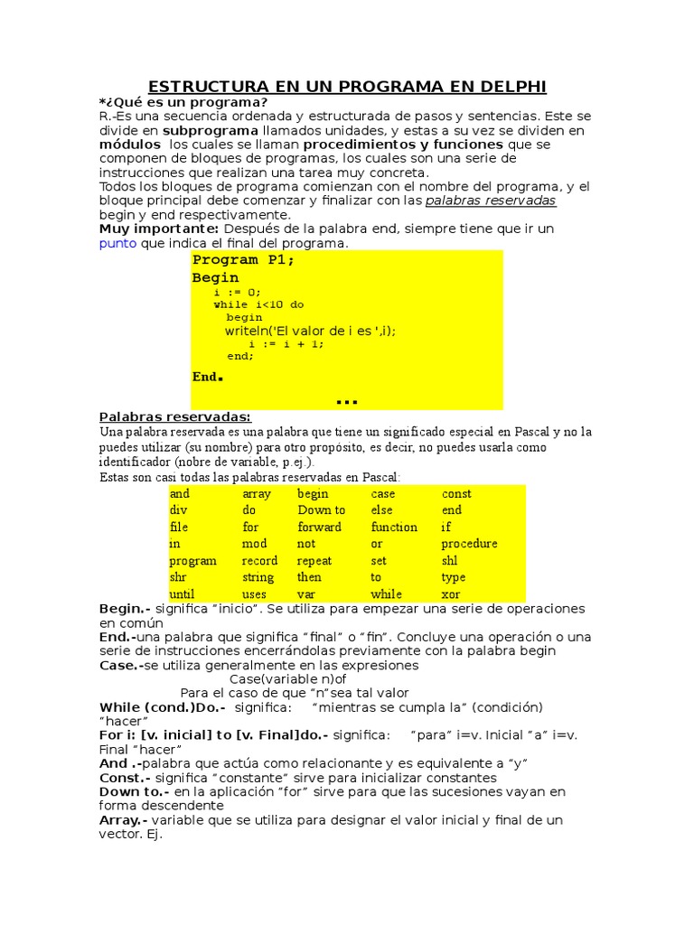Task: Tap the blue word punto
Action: [117, 243]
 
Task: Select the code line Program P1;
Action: [243, 260]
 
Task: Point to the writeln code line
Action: [310, 331]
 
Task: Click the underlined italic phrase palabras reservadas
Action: [490, 201]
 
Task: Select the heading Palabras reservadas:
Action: [174, 416]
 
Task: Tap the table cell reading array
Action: [257, 494]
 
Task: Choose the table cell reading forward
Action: [319, 528]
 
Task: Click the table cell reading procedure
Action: [469, 544]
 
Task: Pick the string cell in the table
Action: [258, 577]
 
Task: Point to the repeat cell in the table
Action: [314, 561]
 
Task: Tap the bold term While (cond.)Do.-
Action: [162, 707]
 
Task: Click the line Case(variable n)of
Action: [287, 679]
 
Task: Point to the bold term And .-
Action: [121, 763]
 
